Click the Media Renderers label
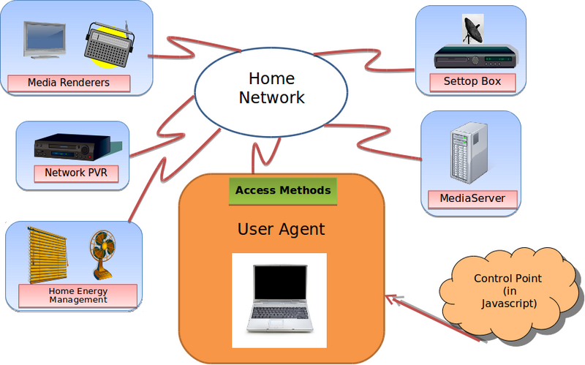[x=68, y=83]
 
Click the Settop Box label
[x=472, y=81]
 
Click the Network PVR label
[x=71, y=173]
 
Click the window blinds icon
[x=47, y=255]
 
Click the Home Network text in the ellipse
[x=271, y=88]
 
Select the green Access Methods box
[x=282, y=191]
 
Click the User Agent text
[x=281, y=230]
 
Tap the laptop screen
[x=279, y=286]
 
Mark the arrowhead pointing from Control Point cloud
[x=392, y=297]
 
